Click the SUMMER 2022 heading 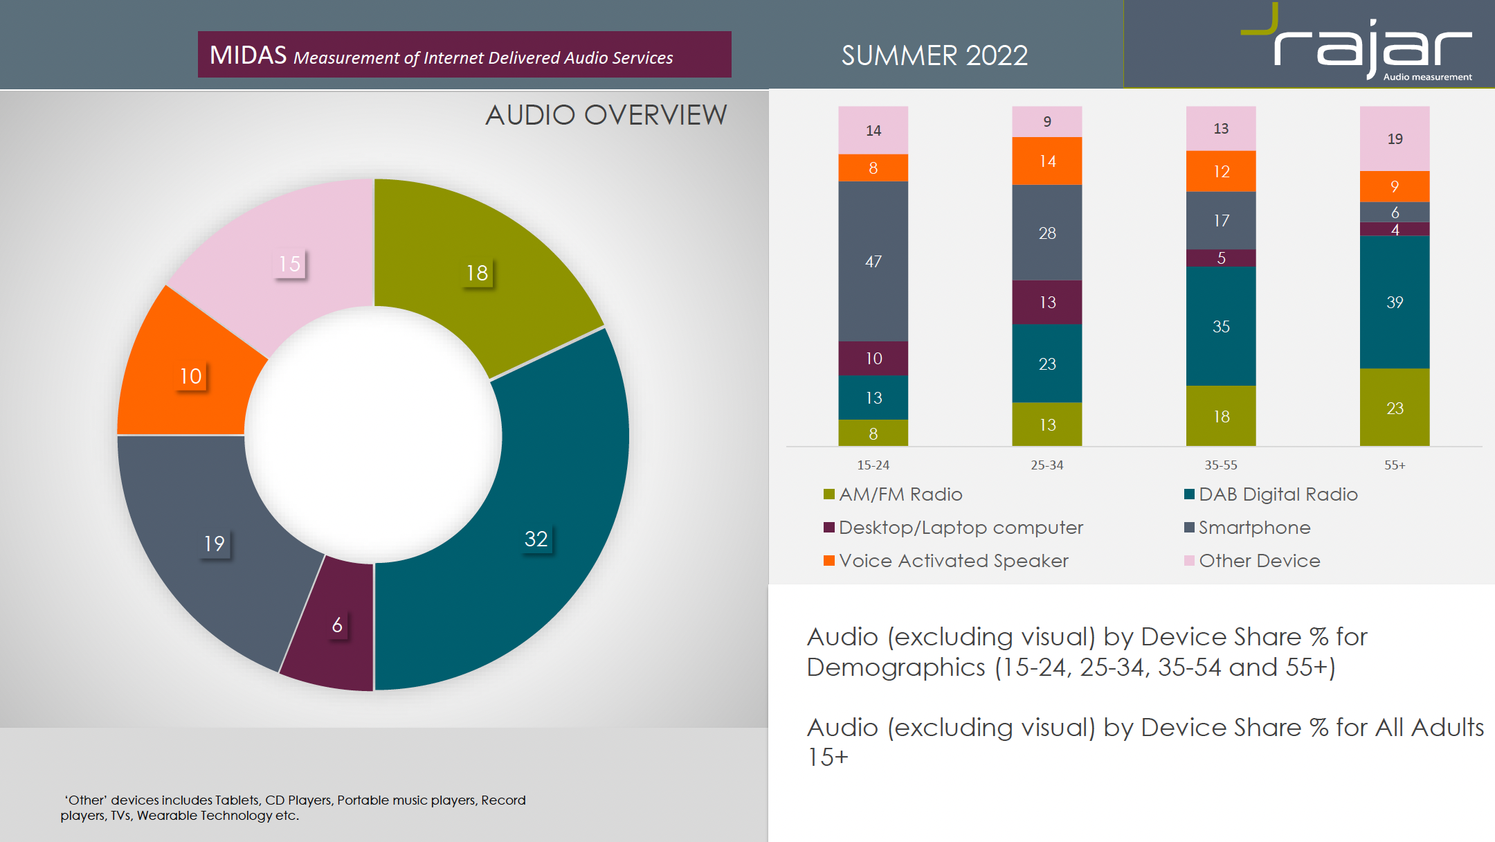click(x=934, y=55)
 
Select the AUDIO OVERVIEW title click(x=606, y=115)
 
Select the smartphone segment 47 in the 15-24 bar click(x=873, y=261)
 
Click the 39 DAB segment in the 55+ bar click(x=1394, y=302)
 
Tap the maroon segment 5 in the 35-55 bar click(x=1220, y=258)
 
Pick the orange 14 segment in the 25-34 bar click(x=1046, y=161)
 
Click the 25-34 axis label click(x=1046, y=465)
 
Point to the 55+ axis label click(x=1394, y=465)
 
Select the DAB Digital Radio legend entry click(x=1278, y=494)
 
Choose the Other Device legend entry click(x=1259, y=561)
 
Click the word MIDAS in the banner click(x=248, y=55)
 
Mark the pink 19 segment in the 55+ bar click(x=1394, y=138)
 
